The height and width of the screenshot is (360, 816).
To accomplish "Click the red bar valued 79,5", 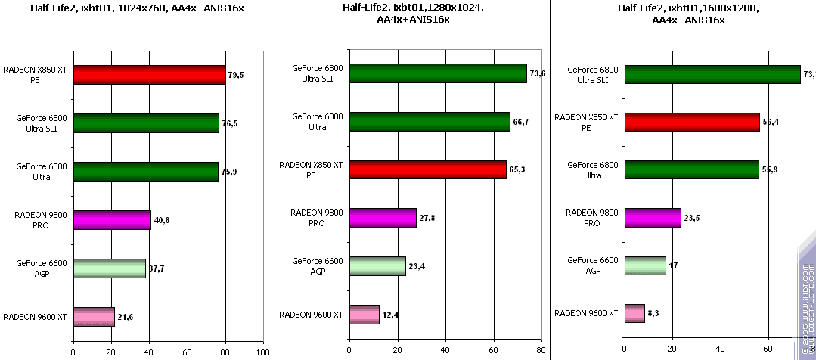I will pyautogui.click(x=149, y=75).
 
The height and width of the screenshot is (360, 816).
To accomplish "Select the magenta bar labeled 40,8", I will pyautogui.click(x=112, y=220).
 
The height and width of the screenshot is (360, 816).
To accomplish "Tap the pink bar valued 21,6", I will pyautogui.click(x=94, y=317).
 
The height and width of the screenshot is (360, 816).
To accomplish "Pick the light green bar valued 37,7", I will pyautogui.click(x=109, y=268).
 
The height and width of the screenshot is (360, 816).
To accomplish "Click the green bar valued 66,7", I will pyautogui.click(x=429, y=122).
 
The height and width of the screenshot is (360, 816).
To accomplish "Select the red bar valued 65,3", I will pyautogui.click(x=427, y=170).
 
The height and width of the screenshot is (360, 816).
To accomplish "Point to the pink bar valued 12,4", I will pyautogui.click(x=364, y=315).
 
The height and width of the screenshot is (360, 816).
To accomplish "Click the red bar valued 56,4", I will pyautogui.click(x=691, y=122).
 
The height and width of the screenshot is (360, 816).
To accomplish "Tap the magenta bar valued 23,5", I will pyautogui.click(x=652, y=218).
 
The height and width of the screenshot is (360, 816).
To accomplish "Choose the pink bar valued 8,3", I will pyautogui.click(x=634, y=313).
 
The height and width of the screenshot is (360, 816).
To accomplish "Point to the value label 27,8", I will pyautogui.click(x=427, y=218).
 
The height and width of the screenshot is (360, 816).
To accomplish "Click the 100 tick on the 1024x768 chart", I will pyautogui.click(x=262, y=352).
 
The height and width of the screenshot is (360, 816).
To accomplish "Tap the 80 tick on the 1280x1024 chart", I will pyautogui.click(x=541, y=351).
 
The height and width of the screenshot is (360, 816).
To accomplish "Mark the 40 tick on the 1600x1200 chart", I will pyautogui.click(x=720, y=351).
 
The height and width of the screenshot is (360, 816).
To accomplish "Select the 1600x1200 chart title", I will pyautogui.click(x=688, y=14).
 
